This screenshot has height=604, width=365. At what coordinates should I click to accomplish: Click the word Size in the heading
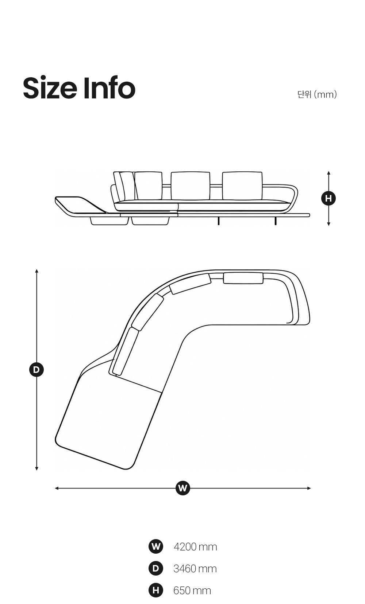[x=50, y=88]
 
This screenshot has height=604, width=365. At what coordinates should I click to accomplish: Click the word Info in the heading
[x=109, y=87]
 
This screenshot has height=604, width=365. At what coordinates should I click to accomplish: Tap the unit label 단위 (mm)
[x=317, y=94]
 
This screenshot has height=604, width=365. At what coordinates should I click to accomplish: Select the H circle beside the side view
[x=328, y=198]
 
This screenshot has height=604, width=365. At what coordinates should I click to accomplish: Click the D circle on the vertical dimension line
[x=36, y=370]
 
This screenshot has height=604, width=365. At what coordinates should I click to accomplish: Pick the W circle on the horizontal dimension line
[x=183, y=488]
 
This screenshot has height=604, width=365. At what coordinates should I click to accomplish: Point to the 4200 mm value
[x=195, y=547]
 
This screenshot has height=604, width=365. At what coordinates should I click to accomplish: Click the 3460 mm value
[x=195, y=569]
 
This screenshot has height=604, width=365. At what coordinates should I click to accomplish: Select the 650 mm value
[x=192, y=591]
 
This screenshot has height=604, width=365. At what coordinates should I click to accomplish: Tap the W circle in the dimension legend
[x=156, y=546]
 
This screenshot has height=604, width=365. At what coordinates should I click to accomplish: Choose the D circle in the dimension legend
[x=156, y=568]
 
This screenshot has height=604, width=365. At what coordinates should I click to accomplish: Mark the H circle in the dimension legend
[x=156, y=590]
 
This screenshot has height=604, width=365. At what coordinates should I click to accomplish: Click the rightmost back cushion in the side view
[x=242, y=186]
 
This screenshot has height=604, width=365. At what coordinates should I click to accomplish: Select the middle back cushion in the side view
[x=190, y=186]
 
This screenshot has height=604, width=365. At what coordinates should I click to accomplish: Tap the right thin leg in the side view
[x=275, y=221]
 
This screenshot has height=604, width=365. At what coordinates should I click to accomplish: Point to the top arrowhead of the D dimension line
[x=37, y=270]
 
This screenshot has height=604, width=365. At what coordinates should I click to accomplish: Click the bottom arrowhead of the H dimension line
[x=328, y=224]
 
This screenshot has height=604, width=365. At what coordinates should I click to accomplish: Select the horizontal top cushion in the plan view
[x=243, y=278]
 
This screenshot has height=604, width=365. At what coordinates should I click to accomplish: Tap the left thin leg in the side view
[x=218, y=221]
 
